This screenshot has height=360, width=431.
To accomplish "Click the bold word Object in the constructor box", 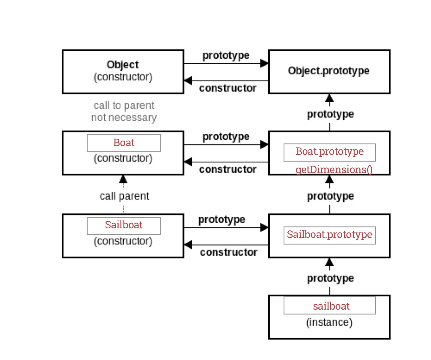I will (123, 64).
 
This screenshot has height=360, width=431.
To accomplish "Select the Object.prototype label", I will (328, 71).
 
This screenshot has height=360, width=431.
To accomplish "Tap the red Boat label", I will (124, 142).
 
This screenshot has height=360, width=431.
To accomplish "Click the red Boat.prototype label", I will (329, 151).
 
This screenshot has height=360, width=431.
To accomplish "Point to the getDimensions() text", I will (334, 169).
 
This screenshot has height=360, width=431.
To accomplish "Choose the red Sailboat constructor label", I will (124, 225).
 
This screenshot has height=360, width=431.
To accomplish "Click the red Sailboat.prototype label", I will (329, 234).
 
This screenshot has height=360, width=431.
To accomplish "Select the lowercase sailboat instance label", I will (331, 306).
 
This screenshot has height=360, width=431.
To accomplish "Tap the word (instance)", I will (329, 322).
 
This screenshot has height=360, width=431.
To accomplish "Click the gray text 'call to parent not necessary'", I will (124, 111).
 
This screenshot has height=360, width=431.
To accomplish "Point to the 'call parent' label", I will (124, 196).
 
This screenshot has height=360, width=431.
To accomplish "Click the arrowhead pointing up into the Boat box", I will (123, 179).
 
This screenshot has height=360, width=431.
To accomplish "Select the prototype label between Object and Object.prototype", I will (226, 55).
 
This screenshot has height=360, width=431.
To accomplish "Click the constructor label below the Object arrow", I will (227, 88).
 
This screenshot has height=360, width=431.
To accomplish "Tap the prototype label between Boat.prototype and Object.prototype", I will (330, 114).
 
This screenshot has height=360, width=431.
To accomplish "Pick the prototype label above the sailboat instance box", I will (330, 278).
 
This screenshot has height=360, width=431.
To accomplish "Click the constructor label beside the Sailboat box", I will (228, 252).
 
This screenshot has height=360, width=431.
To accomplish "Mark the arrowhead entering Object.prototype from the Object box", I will (264, 63).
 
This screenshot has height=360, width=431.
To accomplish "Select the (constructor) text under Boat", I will (123, 158).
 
